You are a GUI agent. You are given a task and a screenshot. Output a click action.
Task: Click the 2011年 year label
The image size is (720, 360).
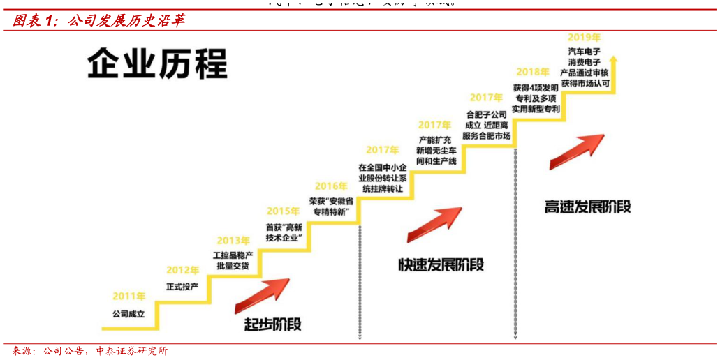(x=129, y=297)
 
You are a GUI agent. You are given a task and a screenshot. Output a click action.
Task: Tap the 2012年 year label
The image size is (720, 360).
(x=182, y=270)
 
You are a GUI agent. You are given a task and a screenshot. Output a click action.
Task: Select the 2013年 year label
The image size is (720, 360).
(x=233, y=241)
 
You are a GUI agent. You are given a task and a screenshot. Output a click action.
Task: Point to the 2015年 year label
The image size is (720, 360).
(x=284, y=211)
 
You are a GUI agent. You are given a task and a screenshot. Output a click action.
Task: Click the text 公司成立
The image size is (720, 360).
(x=128, y=315)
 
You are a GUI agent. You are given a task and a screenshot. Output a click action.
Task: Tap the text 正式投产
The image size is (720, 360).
(x=182, y=287)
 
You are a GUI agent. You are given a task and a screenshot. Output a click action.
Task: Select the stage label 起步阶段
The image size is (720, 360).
(x=273, y=324)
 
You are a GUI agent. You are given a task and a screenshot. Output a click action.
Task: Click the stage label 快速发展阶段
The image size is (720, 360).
(x=441, y=264)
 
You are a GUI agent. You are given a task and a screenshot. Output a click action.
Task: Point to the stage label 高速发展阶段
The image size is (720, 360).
(x=588, y=207)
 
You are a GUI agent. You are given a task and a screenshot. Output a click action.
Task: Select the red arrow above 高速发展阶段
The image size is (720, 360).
(x=577, y=151)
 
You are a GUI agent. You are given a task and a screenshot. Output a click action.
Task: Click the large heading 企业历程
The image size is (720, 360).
(x=158, y=64)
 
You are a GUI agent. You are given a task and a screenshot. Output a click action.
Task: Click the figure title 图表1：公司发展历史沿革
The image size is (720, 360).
(x=98, y=21)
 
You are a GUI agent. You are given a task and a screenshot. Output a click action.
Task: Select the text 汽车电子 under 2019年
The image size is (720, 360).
(x=584, y=52)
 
